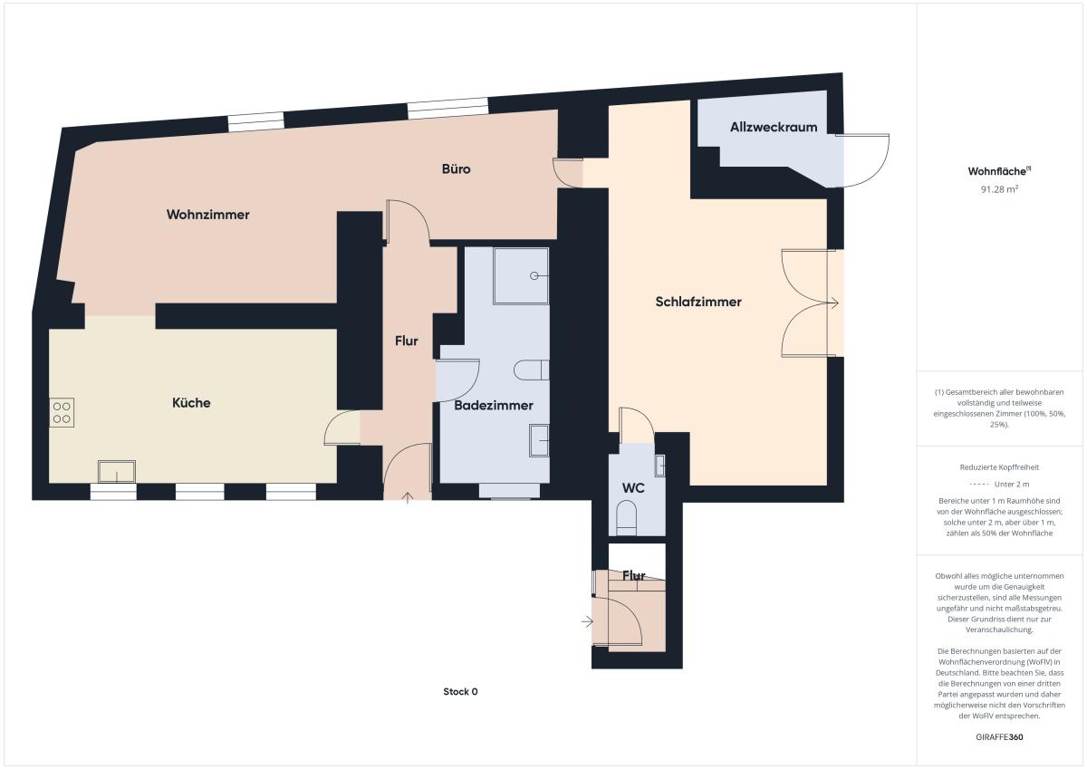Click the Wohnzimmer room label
point(207,215)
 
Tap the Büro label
point(457,168)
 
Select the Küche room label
point(191,403)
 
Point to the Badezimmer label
point(494,405)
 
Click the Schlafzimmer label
point(698,302)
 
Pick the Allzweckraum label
point(774,127)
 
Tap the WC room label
point(633,488)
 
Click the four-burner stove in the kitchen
point(62,412)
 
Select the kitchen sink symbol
point(117,471)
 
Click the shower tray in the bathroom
point(521,276)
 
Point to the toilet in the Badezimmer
point(532,370)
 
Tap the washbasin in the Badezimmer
point(539,440)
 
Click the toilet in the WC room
point(626,518)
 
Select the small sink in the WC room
point(660,466)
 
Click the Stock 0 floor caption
point(460,691)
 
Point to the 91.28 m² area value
point(999,189)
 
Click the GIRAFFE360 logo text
point(999,737)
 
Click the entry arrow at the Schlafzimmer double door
point(832,303)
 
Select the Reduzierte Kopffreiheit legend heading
point(999,467)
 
